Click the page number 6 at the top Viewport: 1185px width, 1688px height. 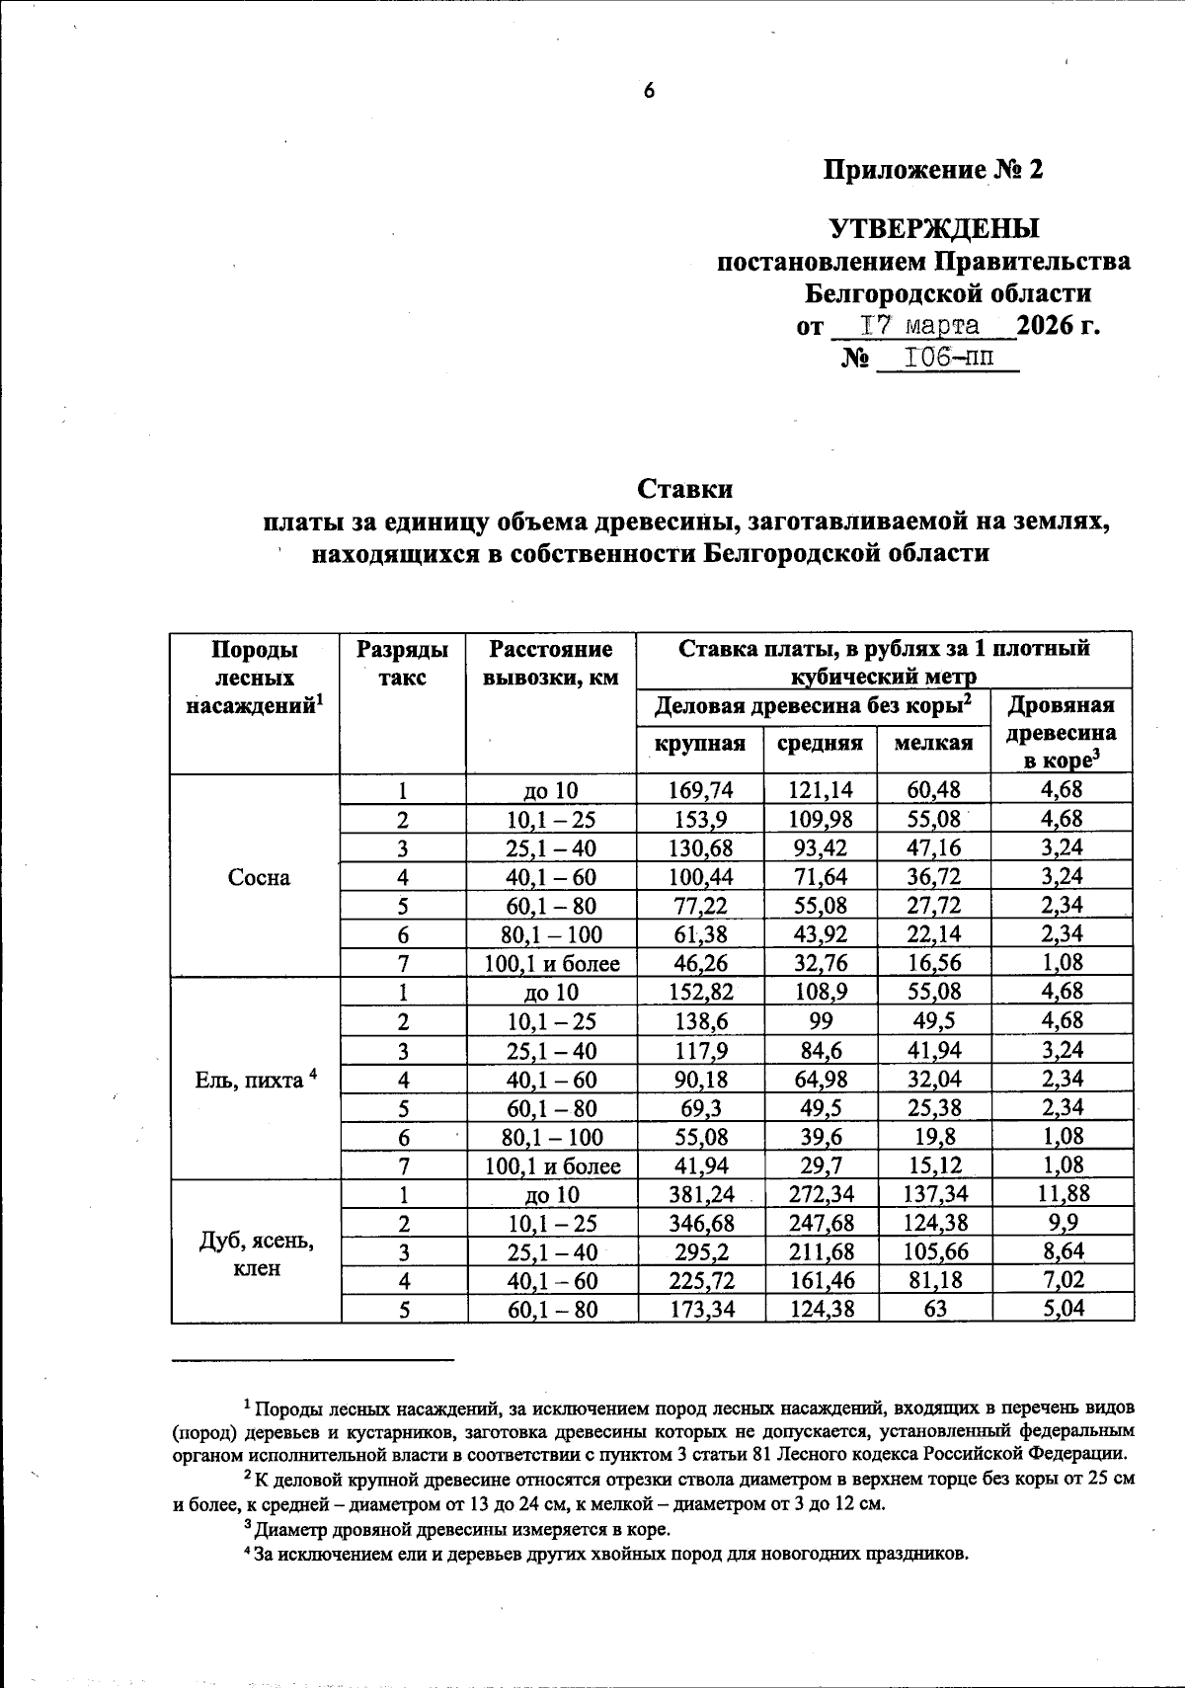649,91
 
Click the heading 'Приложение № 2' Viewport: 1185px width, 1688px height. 933,170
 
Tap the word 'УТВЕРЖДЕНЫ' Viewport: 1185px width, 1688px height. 933,229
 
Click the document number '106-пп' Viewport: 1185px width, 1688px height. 945,357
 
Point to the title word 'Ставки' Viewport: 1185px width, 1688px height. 685,489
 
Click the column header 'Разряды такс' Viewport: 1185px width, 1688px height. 402,664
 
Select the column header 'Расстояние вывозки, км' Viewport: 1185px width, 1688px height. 551,664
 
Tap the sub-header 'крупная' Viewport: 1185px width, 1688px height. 700,743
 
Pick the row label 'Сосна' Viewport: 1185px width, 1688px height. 259,877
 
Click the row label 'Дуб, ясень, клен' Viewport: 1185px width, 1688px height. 257,1253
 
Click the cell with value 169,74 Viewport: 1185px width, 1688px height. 700,790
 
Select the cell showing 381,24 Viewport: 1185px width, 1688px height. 700,1194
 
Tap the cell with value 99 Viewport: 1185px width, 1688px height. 820,1021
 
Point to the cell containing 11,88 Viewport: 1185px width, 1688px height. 1063,1194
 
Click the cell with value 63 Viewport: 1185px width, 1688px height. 933,1311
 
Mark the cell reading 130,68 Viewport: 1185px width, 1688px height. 700,848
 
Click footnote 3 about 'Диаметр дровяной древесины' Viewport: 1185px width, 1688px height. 457,1530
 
